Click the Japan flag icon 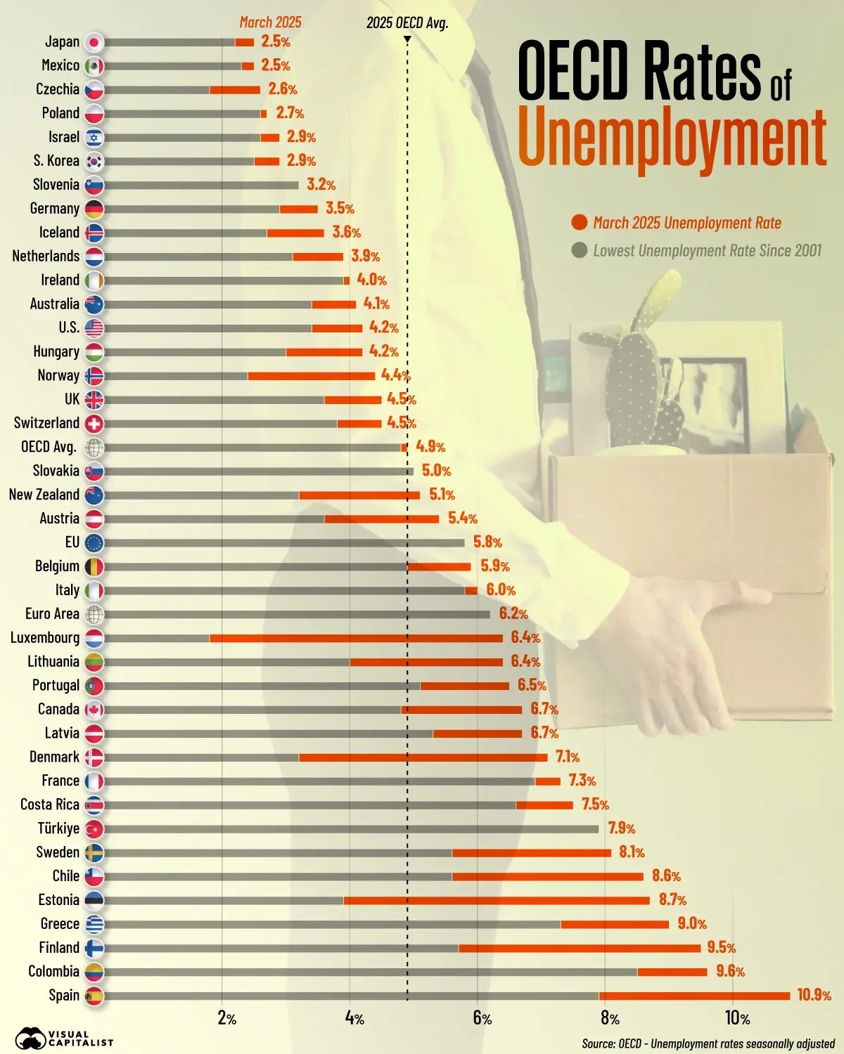tap(94, 42)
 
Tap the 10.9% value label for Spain tap(814, 995)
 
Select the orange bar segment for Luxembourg tap(356, 638)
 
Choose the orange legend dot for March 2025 tap(580, 223)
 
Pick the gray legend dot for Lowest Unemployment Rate tap(580, 250)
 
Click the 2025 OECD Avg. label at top tap(407, 23)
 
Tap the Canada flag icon tap(94, 710)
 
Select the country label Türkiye tap(58, 828)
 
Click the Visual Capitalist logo tap(63, 1037)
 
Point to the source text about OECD tap(708, 1043)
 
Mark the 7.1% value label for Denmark tap(567, 757)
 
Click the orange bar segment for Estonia tap(497, 900)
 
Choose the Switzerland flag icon tap(94, 424)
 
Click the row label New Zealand tap(44, 495)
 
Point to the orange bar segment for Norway tap(312, 376)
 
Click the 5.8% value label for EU tap(487, 542)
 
